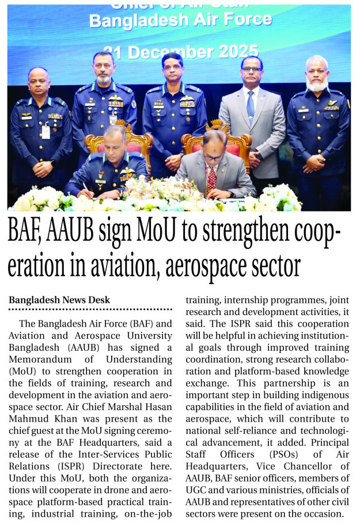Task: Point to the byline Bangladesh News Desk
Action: tap(59, 300)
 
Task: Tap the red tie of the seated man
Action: tap(211, 178)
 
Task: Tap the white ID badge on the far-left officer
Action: tap(46, 131)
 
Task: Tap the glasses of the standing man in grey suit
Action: tap(252, 70)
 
